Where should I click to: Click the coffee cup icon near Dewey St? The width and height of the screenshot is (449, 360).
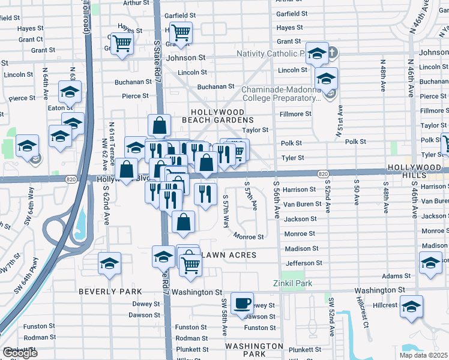[x=243, y=303]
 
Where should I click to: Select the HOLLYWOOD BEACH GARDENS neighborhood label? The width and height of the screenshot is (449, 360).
[x=217, y=116]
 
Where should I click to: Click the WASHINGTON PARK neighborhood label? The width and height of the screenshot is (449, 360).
[x=254, y=350]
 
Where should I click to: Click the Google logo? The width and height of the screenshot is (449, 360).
[x=20, y=353]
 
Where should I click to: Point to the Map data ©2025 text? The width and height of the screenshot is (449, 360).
[x=423, y=355]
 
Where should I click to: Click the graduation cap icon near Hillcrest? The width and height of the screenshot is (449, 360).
[x=411, y=306]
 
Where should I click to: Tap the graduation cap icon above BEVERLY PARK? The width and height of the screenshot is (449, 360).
[x=109, y=263]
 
